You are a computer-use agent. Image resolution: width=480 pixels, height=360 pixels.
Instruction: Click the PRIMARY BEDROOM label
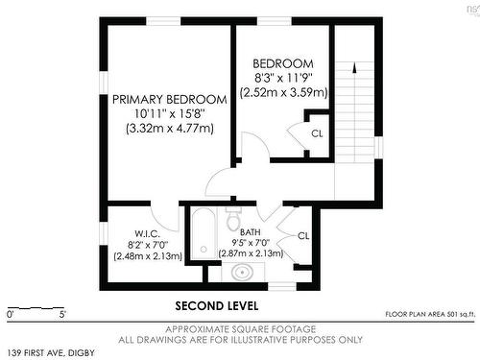point(169,99)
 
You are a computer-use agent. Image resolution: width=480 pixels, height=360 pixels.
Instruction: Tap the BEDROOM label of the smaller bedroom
point(285,63)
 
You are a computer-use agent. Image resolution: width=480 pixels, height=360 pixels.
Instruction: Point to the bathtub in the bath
point(202,236)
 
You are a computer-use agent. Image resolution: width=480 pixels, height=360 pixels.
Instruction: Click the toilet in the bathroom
point(232,220)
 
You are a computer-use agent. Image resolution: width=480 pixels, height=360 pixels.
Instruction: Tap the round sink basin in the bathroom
point(243,274)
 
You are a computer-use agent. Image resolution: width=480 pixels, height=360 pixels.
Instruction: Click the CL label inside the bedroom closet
point(317,133)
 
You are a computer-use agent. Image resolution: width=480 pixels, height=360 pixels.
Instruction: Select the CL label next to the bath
point(303,235)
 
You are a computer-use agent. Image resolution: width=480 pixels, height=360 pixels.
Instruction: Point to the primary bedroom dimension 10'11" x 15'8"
point(169,113)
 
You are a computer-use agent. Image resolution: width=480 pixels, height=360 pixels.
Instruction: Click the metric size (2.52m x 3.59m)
point(285,93)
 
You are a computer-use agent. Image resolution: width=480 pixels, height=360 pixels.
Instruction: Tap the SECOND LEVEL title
point(216,307)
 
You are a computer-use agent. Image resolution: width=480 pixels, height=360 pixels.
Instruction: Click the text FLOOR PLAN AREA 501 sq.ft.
point(429,314)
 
